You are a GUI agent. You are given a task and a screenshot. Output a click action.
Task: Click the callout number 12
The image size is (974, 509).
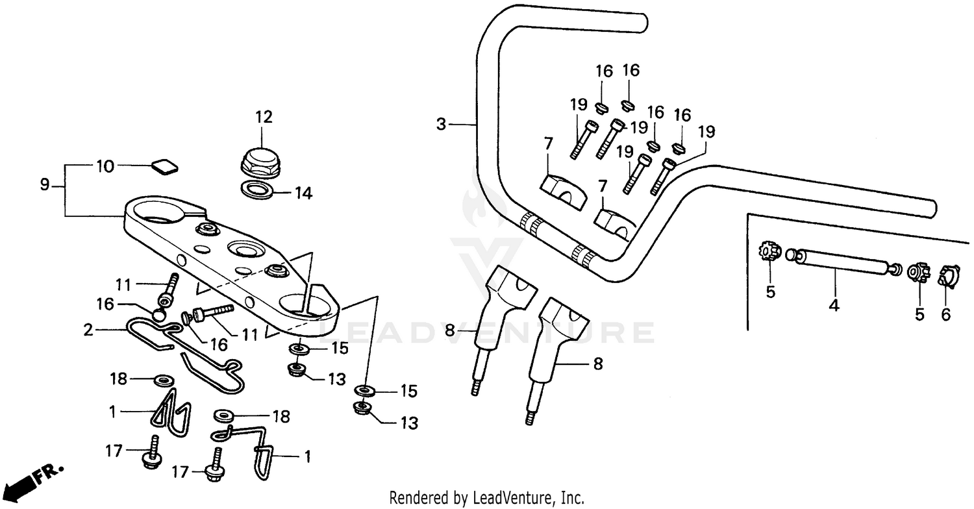tap(264, 118)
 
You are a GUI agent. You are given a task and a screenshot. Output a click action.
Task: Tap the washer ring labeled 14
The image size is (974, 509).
tap(258, 190)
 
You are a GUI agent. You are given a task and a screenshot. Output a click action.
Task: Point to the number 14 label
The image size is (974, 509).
tap(303, 193)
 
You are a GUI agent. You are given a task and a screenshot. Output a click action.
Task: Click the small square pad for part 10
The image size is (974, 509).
tap(165, 167)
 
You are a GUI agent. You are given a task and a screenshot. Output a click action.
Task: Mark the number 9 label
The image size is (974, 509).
tap(45, 185)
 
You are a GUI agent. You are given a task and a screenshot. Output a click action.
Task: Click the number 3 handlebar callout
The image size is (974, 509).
tap(442, 124)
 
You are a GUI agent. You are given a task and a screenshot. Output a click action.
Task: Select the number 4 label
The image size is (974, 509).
tap(834, 305)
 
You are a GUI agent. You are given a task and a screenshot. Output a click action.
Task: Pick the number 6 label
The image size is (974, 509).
tap(945, 314)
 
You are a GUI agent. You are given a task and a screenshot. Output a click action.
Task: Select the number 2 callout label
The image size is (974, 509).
tap(88, 330)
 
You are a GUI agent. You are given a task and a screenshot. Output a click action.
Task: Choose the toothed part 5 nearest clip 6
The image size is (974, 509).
tap(919, 272)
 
